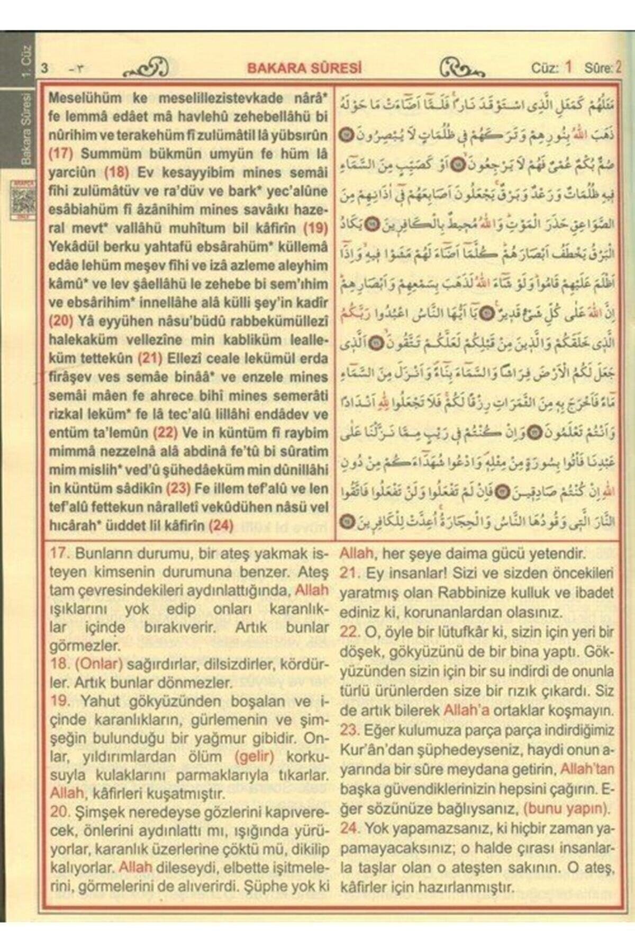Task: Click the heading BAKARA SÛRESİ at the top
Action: coord(305,68)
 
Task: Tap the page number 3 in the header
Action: coord(44,69)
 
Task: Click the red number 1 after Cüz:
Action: coord(568,67)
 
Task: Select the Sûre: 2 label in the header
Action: coord(602,68)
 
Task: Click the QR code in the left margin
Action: coord(23,200)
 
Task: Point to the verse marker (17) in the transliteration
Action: coord(60,154)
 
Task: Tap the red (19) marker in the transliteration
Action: coord(315,228)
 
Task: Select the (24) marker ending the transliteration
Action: coord(221,525)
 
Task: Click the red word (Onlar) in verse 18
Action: coord(99,664)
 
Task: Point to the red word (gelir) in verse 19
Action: coord(255,756)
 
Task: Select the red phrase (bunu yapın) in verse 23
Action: coord(566,809)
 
